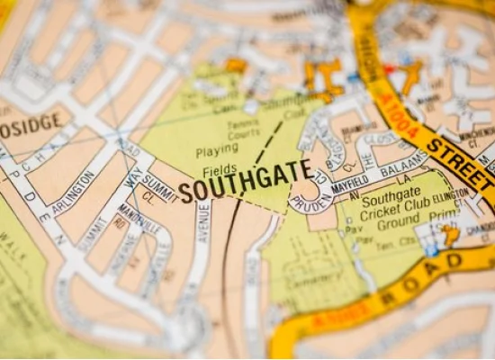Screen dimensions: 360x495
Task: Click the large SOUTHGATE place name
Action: click(245, 181)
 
